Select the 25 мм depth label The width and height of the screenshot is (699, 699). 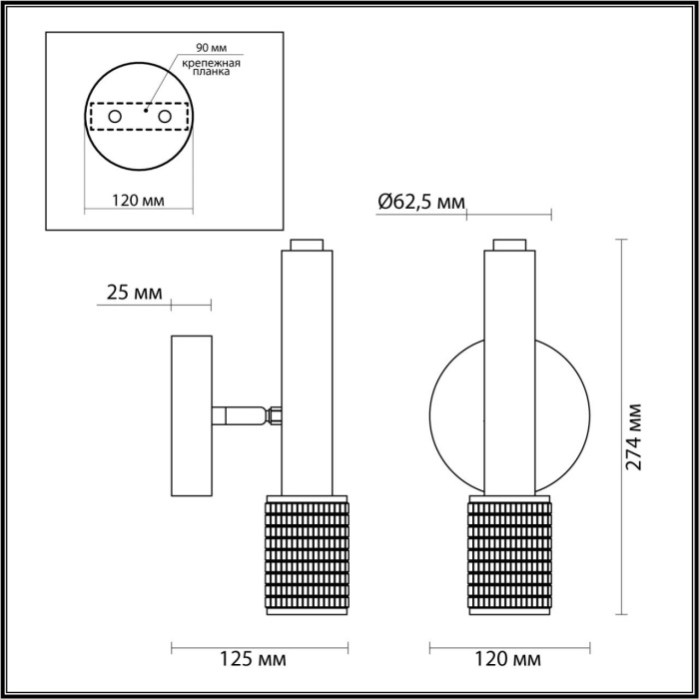[134, 293]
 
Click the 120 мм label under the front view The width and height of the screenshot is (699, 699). [509, 660]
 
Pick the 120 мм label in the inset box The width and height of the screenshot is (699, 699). [138, 200]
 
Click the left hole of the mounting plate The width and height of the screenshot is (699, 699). [115, 118]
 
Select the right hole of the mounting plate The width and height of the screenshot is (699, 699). [165, 118]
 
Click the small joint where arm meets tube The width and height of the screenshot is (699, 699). [274, 414]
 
